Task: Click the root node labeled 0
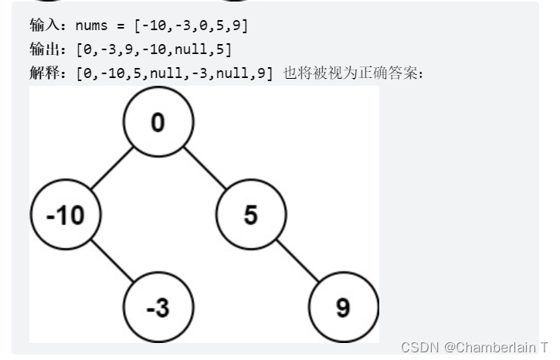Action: point(159,122)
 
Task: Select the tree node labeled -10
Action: point(66,215)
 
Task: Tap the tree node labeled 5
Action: point(251,214)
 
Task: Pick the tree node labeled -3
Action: point(158,307)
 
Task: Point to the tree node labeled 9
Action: point(344,307)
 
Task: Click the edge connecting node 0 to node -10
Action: point(113,168)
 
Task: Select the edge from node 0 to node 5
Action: point(205,168)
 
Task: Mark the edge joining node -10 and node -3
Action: point(111,260)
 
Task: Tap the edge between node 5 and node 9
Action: point(297,260)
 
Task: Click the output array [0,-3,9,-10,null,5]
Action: point(154,49)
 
